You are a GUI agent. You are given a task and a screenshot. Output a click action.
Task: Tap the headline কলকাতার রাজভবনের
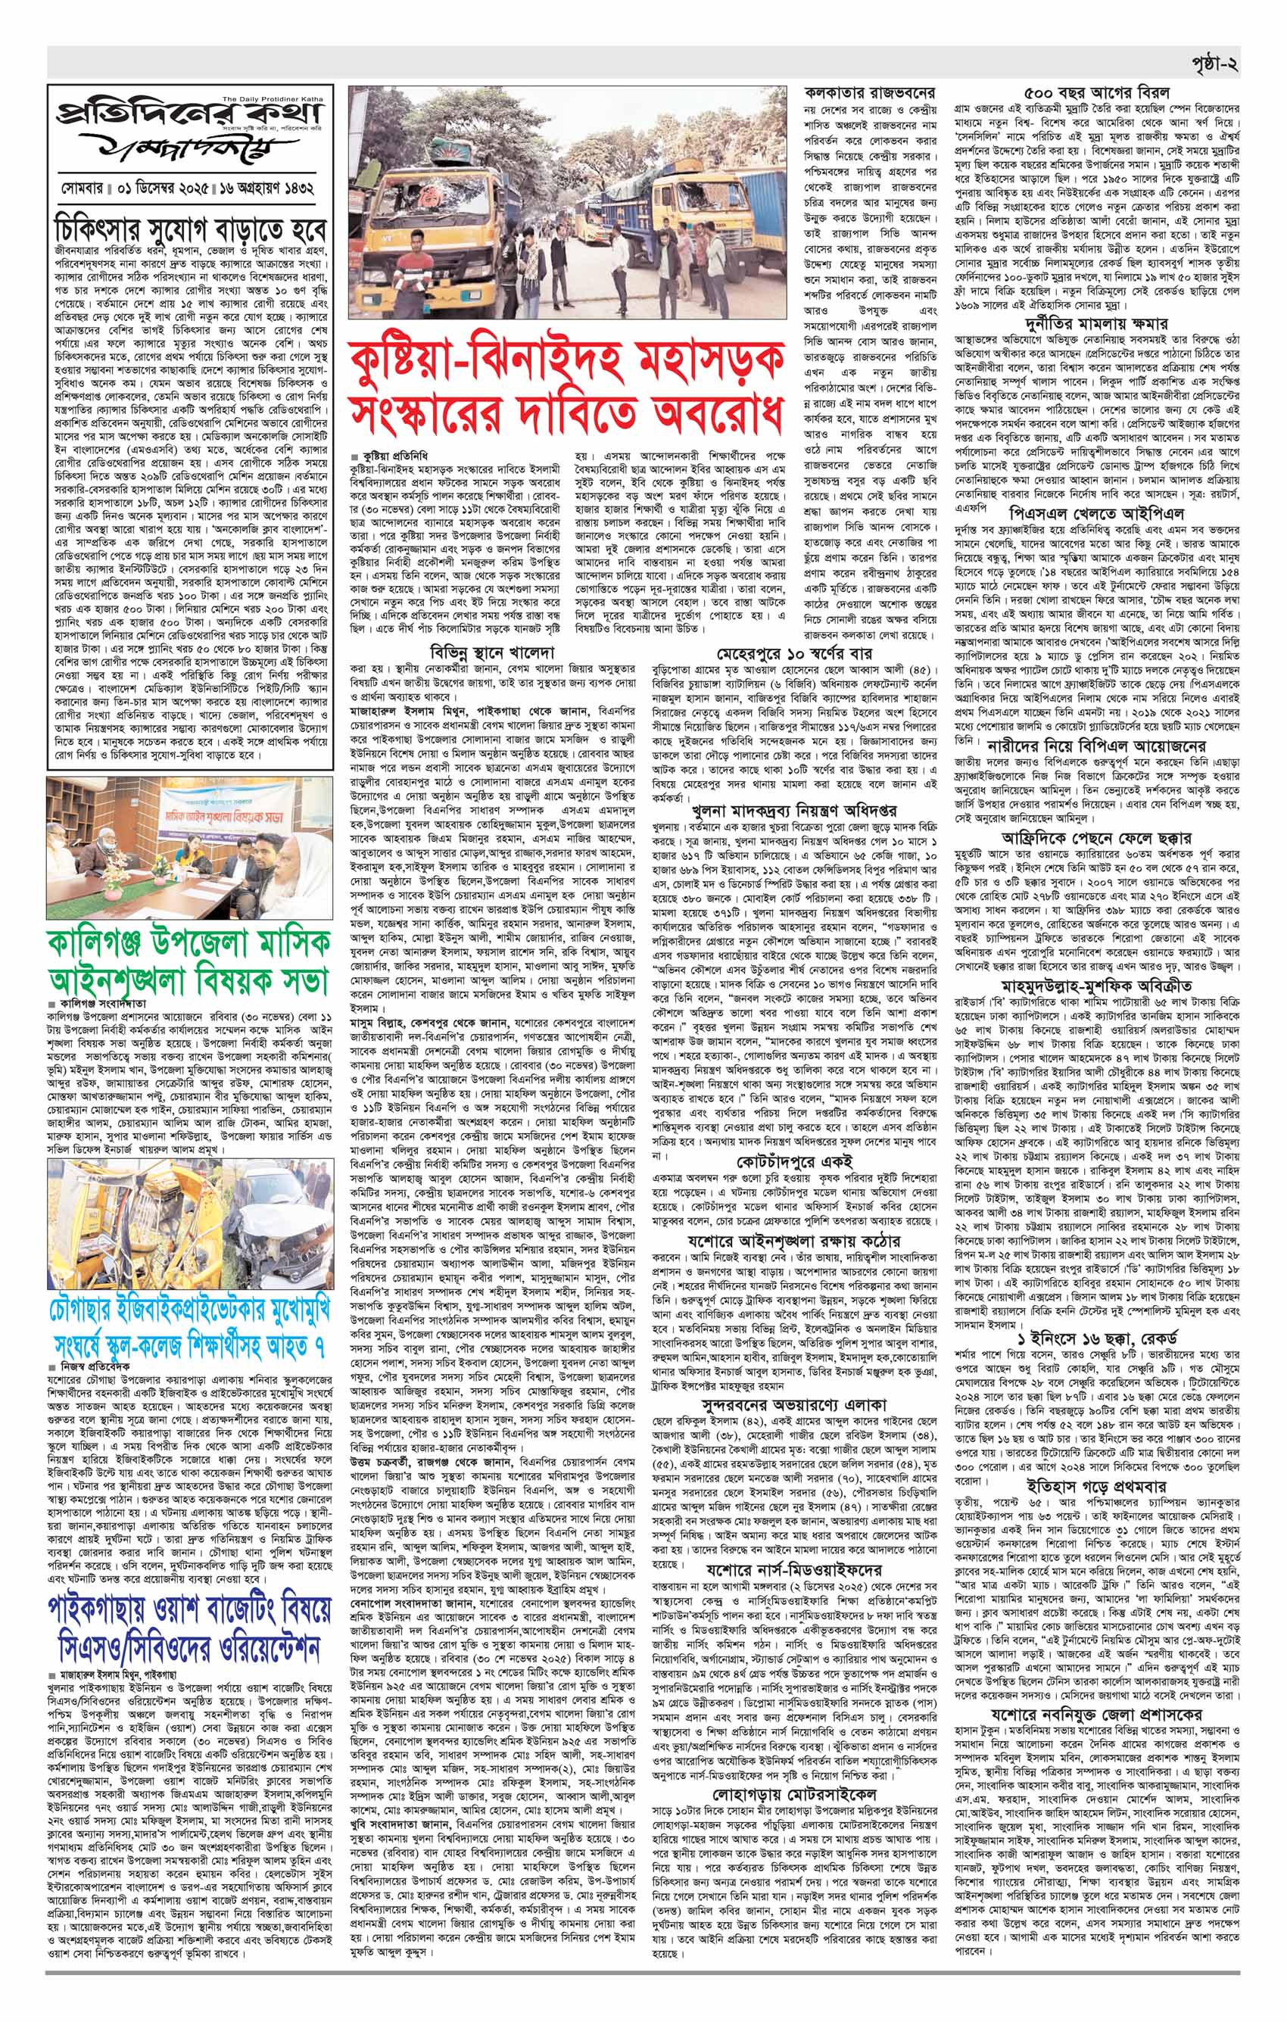(872, 93)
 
